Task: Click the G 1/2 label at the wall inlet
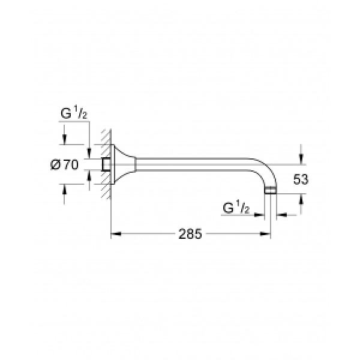click(74, 113)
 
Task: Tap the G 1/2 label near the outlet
click(236, 208)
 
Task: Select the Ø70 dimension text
click(65, 164)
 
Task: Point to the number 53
click(301, 179)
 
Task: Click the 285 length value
click(190, 234)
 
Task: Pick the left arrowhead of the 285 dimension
click(116, 234)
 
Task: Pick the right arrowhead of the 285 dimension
click(265, 234)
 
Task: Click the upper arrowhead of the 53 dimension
click(301, 160)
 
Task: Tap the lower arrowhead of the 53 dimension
click(301, 199)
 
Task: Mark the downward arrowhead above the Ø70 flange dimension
click(64, 139)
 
